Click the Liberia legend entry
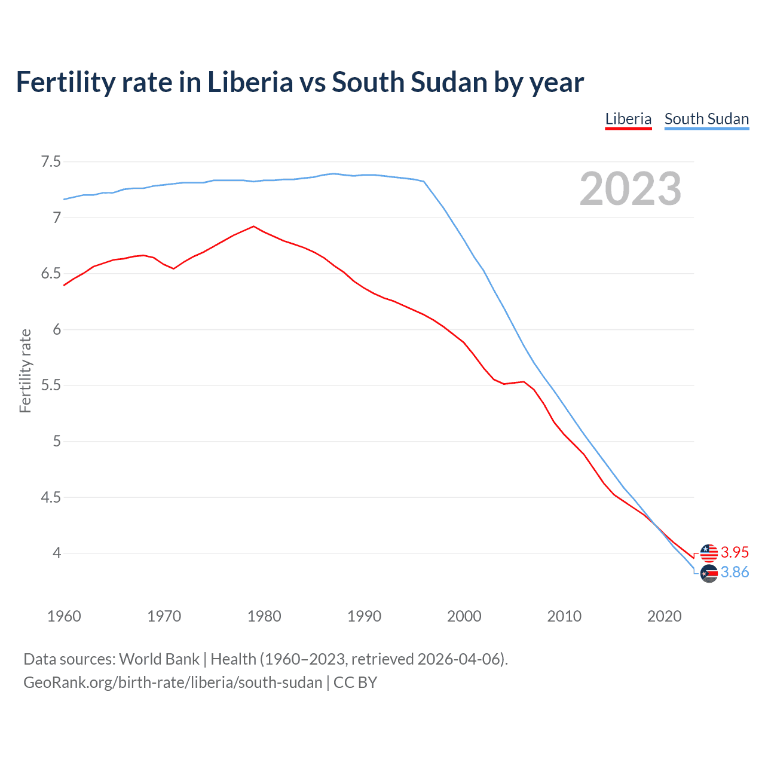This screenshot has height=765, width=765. coord(628,119)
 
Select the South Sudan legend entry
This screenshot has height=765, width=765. coord(706,119)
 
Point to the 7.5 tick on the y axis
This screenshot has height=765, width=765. coord(51,162)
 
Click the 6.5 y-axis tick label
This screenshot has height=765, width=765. coord(51,274)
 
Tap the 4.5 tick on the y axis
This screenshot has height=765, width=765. coord(51,497)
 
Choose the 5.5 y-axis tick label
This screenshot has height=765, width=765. coord(51,385)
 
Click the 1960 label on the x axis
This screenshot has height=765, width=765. coord(64,616)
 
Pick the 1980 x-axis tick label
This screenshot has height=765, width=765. coord(264,616)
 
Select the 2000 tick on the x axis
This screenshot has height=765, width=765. coord(464,616)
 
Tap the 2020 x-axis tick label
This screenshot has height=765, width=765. coord(664,616)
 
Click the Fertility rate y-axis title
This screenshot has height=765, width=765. coord(25,371)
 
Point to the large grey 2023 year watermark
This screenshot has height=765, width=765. coord(631,189)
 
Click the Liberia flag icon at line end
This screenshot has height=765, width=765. coord(709,553)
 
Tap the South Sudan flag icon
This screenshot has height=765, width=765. coord(709,574)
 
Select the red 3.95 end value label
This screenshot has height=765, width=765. coord(735,552)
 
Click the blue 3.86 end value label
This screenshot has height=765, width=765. coord(735,573)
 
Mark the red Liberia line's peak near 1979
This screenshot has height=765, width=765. coord(253,226)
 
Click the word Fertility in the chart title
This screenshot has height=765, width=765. coord(65,82)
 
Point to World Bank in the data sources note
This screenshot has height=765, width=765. coord(159,659)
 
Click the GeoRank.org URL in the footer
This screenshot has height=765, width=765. coord(173,683)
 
